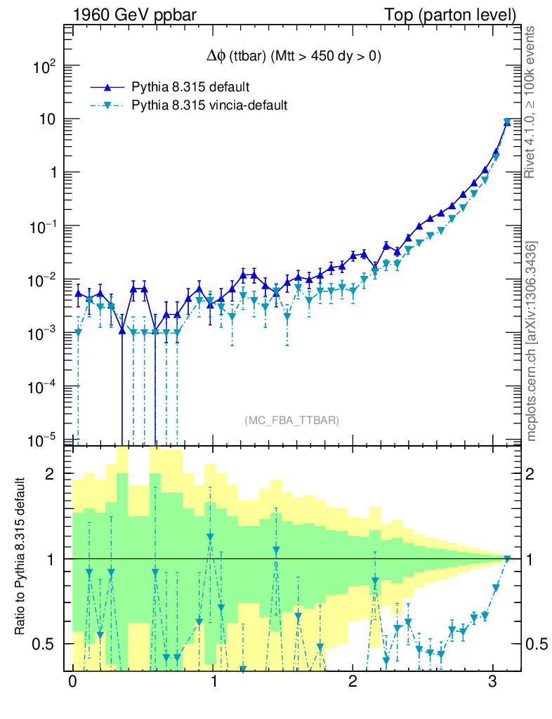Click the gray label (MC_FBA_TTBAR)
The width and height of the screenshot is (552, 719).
[291, 421]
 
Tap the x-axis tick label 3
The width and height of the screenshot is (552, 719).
[493, 683]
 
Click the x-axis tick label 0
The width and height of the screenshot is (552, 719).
[72, 683]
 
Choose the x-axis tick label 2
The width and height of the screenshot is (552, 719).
[353, 683]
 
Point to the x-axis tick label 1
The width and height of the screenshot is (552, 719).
[213, 683]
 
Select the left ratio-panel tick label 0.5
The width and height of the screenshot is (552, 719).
[45, 644]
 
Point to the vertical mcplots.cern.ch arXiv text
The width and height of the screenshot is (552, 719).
[532, 341]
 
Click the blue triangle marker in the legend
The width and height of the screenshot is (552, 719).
[107, 88]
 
